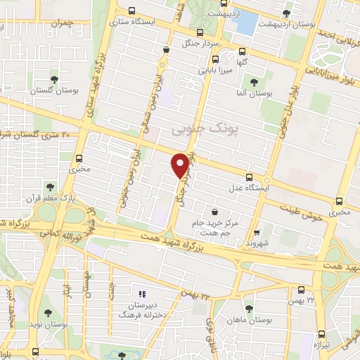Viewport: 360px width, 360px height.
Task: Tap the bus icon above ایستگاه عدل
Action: [x=249, y=177]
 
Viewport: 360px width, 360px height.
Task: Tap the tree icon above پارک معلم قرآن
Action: [x=49, y=186]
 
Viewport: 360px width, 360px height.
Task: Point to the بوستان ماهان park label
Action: [x=251, y=320]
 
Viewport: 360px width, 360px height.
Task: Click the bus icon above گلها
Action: [x=243, y=51]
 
